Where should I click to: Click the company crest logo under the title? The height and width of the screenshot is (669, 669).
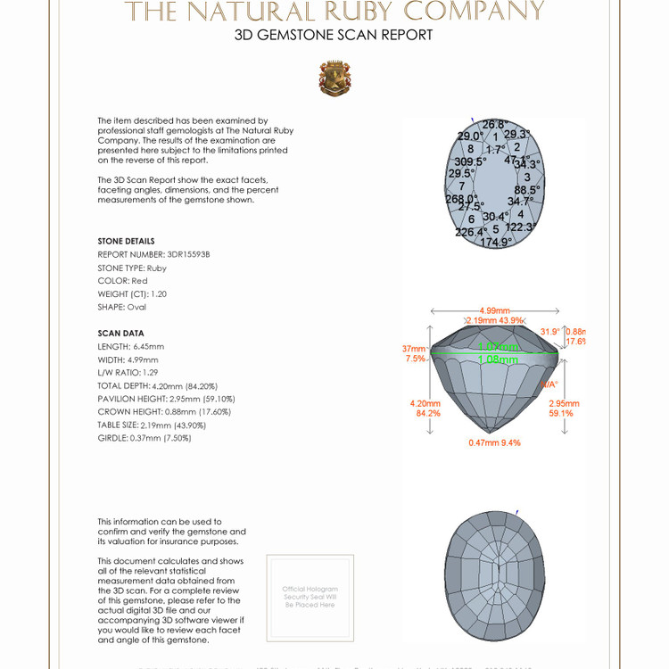(334, 78)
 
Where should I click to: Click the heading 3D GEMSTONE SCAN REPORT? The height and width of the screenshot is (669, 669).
(334, 36)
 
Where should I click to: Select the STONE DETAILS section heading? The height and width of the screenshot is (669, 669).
(126, 242)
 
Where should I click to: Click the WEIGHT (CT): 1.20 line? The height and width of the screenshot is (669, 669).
(132, 293)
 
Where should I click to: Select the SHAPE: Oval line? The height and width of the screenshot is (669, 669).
(121, 307)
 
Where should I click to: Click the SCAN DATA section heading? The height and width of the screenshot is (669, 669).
(120, 334)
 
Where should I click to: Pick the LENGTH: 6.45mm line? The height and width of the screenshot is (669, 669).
(131, 346)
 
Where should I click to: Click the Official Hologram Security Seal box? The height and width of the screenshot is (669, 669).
(310, 597)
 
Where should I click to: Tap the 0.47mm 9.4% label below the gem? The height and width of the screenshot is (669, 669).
(494, 442)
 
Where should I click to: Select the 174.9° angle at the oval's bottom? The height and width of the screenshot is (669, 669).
(496, 243)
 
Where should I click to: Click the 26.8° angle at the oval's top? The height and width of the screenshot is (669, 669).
(494, 125)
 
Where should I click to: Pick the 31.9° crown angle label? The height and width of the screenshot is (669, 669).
(550, 332)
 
